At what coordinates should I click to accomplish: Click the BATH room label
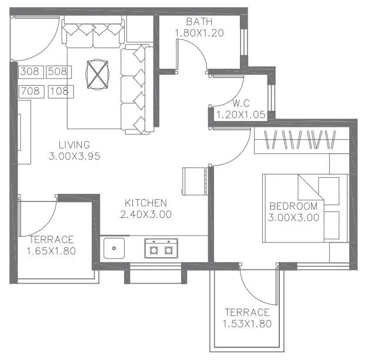[x=199, y=22]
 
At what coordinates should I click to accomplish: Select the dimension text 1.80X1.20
[x=199, y=33]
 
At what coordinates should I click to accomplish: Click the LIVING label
[x=74, y=144]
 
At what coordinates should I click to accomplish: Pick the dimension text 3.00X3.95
[x=75, y=156]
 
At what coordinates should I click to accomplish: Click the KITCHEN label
[x=145, y=203]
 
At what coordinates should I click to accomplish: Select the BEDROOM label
[x=293, y=206]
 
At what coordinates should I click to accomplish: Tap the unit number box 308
[x=30, y=72]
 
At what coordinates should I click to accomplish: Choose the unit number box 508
[x=58, y=72]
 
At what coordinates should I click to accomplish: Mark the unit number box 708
[x=30, y=92]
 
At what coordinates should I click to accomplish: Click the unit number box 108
[x=60, y=92]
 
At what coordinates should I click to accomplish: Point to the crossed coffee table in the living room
[x=96, y=74]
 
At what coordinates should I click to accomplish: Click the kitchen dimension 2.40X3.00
[x=145, y=214]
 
